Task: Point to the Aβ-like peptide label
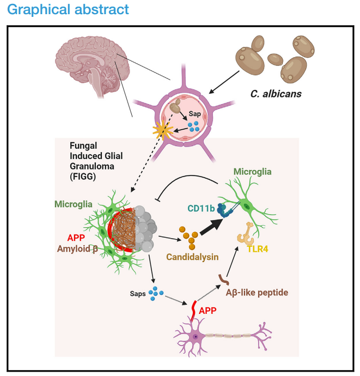(257, 293)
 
